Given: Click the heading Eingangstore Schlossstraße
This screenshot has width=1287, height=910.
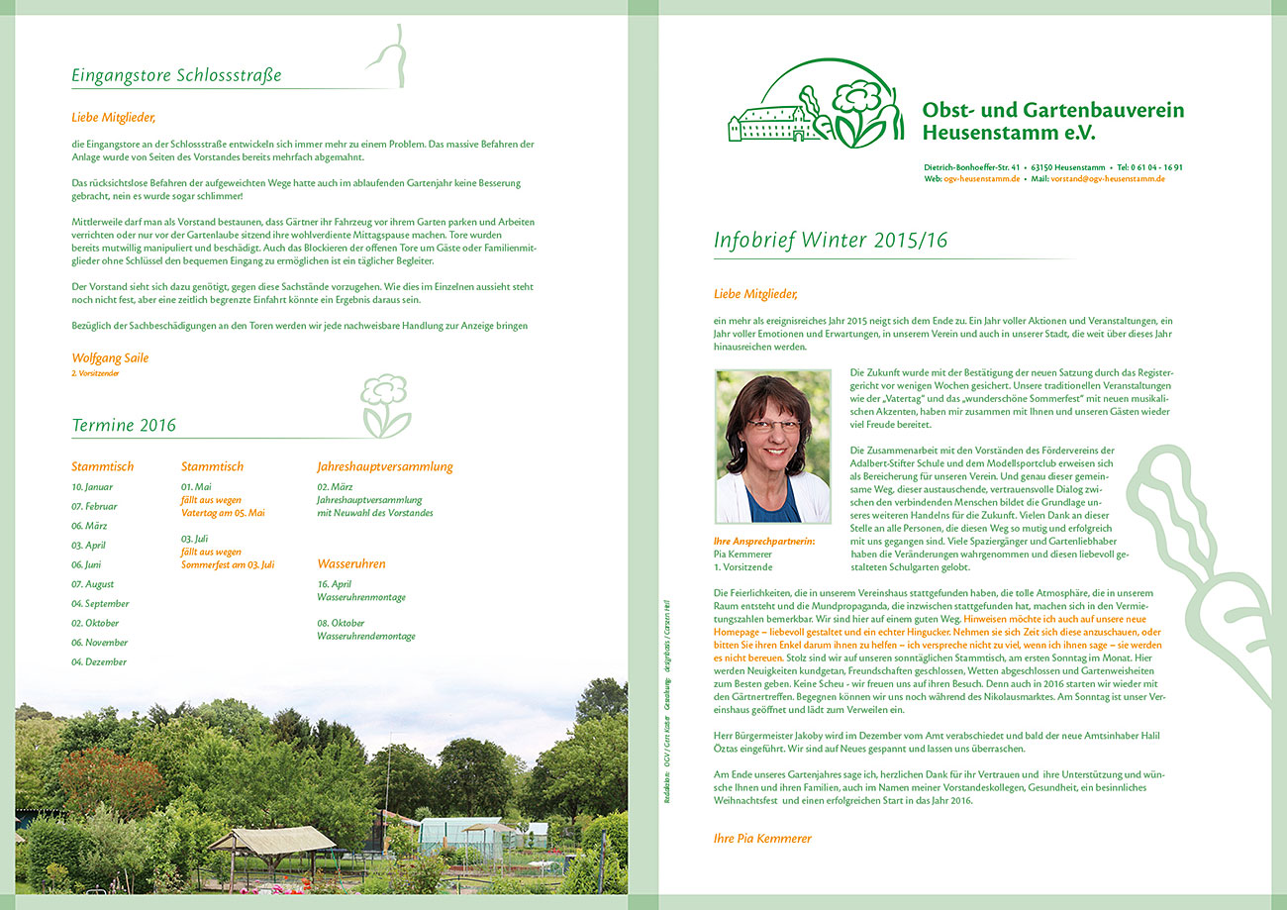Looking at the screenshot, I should click(176, 75).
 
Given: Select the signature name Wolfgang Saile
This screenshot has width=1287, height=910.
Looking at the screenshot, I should click(110, 357).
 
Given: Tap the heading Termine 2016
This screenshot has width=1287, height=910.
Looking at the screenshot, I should click(124, 426).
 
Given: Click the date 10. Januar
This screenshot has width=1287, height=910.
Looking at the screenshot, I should click(92, 487).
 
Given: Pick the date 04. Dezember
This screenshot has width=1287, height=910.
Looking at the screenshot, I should click(99, 661).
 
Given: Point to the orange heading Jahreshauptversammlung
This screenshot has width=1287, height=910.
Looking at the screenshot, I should click(385, 466).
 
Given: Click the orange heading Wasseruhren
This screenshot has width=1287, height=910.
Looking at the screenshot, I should click(351, 563).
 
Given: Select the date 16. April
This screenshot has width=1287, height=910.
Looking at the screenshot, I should click(335, 584).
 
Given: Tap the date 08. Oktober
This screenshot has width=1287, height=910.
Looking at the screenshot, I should click(340, 623).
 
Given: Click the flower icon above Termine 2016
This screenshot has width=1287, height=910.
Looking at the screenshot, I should click(384, 404).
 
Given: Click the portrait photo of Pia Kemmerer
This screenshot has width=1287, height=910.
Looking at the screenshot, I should click(772, 447).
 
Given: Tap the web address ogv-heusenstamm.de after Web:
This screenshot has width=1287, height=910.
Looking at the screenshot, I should click(981, 179).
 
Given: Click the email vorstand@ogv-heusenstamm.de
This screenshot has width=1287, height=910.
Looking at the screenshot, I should click(1108, 179).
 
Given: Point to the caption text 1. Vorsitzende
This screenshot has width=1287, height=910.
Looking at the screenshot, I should click(742, 567).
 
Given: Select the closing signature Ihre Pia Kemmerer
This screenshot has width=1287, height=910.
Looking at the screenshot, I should click(762, 838).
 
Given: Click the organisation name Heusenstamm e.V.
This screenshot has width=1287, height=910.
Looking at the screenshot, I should click(1009, 133).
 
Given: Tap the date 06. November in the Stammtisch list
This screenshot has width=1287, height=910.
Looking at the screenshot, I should click(100, 643).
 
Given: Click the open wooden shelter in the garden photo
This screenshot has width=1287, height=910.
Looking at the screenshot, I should click(271, 843).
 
